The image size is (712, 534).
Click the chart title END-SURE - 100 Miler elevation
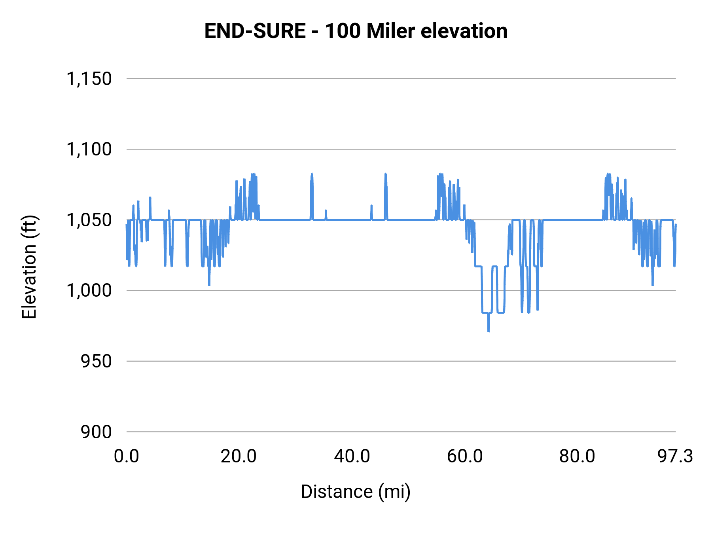tap(356, 31)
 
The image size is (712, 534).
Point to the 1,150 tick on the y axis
tap(89, 79)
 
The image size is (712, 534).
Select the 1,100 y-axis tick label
tap(89, 150)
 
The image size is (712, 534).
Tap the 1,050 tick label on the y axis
tap(89, 220)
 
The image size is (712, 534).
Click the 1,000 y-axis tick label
tap(89, 291)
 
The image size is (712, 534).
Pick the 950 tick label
tap(96, 361)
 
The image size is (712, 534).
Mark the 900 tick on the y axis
tap(96, 432)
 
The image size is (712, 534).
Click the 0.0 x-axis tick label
tap(127, 456)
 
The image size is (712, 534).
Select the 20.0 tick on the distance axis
tap(239, 456)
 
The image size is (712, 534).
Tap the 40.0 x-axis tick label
tap(352, 456)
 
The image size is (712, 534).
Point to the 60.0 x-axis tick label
tap(465, 456)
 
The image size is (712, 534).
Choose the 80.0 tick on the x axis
tap(577, 456)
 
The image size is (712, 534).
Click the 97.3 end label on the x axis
tap(675, 456)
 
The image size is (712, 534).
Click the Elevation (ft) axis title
tap(29, 267)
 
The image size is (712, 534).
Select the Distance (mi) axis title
tap(356, 492)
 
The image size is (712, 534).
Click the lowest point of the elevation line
tap(489, 331)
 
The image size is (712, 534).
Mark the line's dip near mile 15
tap(209, 284)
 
